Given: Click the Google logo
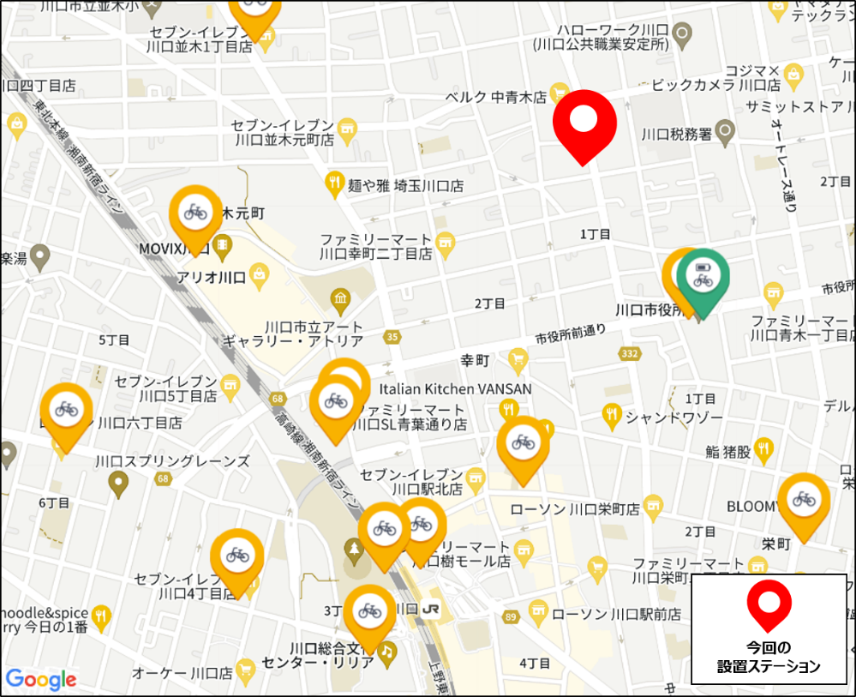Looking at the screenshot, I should point(41,680).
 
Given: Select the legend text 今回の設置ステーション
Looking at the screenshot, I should point(769,657).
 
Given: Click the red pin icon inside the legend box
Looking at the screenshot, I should point(769,604).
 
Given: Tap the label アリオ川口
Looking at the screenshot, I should point(211,278).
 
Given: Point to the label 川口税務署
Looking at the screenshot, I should point(677,135).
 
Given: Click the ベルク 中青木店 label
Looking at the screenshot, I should point(495,97).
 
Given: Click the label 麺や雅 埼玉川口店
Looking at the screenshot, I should point(406,184).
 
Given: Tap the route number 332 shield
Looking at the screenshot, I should point(631,352).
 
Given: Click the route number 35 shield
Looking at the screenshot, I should point(392,336).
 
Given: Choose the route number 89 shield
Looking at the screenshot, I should point(512,616).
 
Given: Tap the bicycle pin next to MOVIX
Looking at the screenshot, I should point(195,213).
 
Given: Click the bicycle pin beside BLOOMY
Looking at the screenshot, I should point(804,500).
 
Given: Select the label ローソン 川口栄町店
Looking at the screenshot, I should point(575,509).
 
